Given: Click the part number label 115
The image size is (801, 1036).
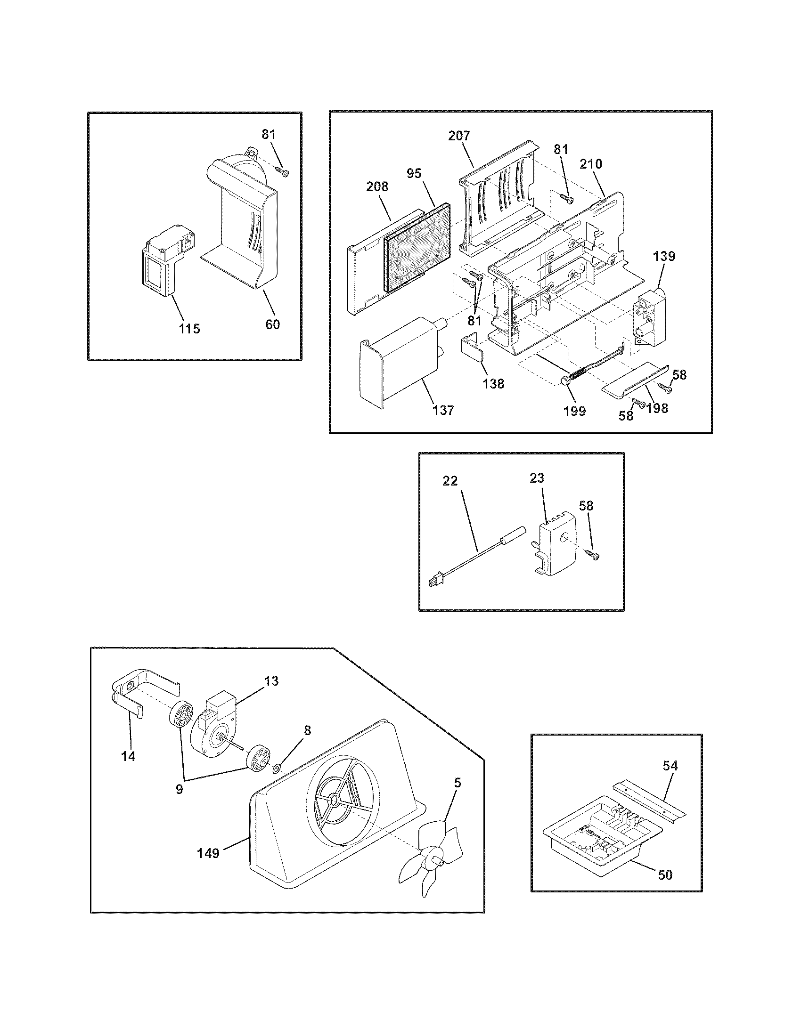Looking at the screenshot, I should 189,328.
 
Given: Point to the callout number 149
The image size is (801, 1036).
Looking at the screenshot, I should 208,853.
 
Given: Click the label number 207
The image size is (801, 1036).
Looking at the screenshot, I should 459,136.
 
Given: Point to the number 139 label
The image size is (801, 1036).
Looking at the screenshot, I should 663,257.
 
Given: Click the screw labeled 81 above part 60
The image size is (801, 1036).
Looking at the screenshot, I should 283,172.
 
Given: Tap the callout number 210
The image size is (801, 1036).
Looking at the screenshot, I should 590,164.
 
